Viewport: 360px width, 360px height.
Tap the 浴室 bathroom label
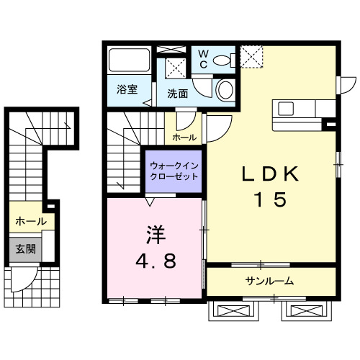127,90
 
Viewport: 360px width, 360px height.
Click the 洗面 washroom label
178,93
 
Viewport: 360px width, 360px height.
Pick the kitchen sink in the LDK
286,109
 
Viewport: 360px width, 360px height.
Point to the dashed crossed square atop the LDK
251,55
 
